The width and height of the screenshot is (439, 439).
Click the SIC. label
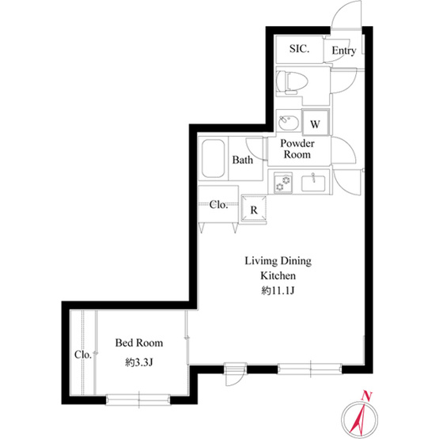pos(299,49)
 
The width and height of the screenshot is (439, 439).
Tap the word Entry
pos(344,51)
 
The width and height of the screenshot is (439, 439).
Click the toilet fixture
pos(292,82)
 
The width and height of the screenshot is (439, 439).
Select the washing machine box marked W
pos(316,123)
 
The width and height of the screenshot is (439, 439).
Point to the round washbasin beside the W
pos(289,123)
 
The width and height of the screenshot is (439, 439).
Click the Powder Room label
pos(297,149)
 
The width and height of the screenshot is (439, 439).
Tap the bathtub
pos(213,158)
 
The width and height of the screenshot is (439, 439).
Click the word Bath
pos(243,160)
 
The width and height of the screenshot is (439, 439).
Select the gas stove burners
pos(282,182)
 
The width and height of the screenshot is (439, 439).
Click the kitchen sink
pos(313,184)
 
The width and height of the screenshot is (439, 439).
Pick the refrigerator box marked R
pos(254,209)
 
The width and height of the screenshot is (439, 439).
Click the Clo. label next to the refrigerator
pos(218,205)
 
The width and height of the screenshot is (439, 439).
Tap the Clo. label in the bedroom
pos(83,354)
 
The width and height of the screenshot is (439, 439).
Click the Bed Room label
pos(139,342)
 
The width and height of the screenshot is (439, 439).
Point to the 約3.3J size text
pos(139,363)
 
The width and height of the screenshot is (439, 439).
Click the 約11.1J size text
pos(278,291)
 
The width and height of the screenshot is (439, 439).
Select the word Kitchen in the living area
pos(278,276)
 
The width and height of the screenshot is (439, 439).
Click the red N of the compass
pos(366,395)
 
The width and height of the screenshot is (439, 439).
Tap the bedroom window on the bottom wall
pos(138,399)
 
